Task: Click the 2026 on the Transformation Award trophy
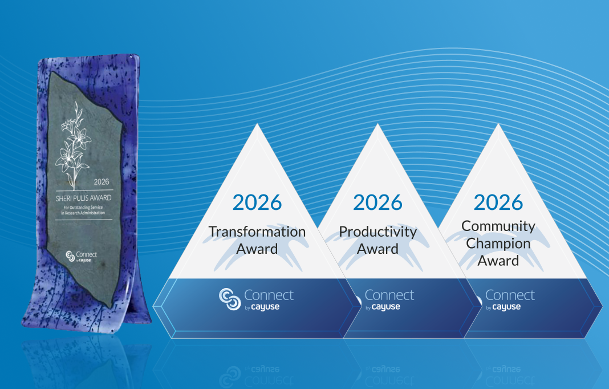pyautogui.click(x=257, y=202)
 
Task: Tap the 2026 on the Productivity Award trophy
pyautogui.click(x=377, y=202)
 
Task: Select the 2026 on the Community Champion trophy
pyautogui.click(x=498, y=202)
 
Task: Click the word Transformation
pyautogui.click(x=257, y=232)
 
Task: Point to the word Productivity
pyautogui.click(x=377, y=232)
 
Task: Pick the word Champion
pyautogui.click(x=498, y=244)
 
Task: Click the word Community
pyautogui.click(x=498, y=226)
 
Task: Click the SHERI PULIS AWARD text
pyautogui.click(x=84, y=198)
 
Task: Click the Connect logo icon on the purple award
pyautogui.click(x=71, y=255)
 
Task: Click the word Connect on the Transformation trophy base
pyautogui.click(x=269, y=295)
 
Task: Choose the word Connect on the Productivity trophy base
pyautogui.click(x=389, y=295)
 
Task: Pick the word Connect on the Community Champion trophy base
pyautogui.click(x=510, y=295)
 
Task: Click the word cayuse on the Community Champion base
pyautogui.click(x=506, y=307)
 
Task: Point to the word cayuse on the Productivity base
pyautogui.click(x=385, y=307)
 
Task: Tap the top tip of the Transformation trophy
pyautogui.click(x=257, y=125)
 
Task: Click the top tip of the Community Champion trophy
pyautogui.click(x=498, y=125)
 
